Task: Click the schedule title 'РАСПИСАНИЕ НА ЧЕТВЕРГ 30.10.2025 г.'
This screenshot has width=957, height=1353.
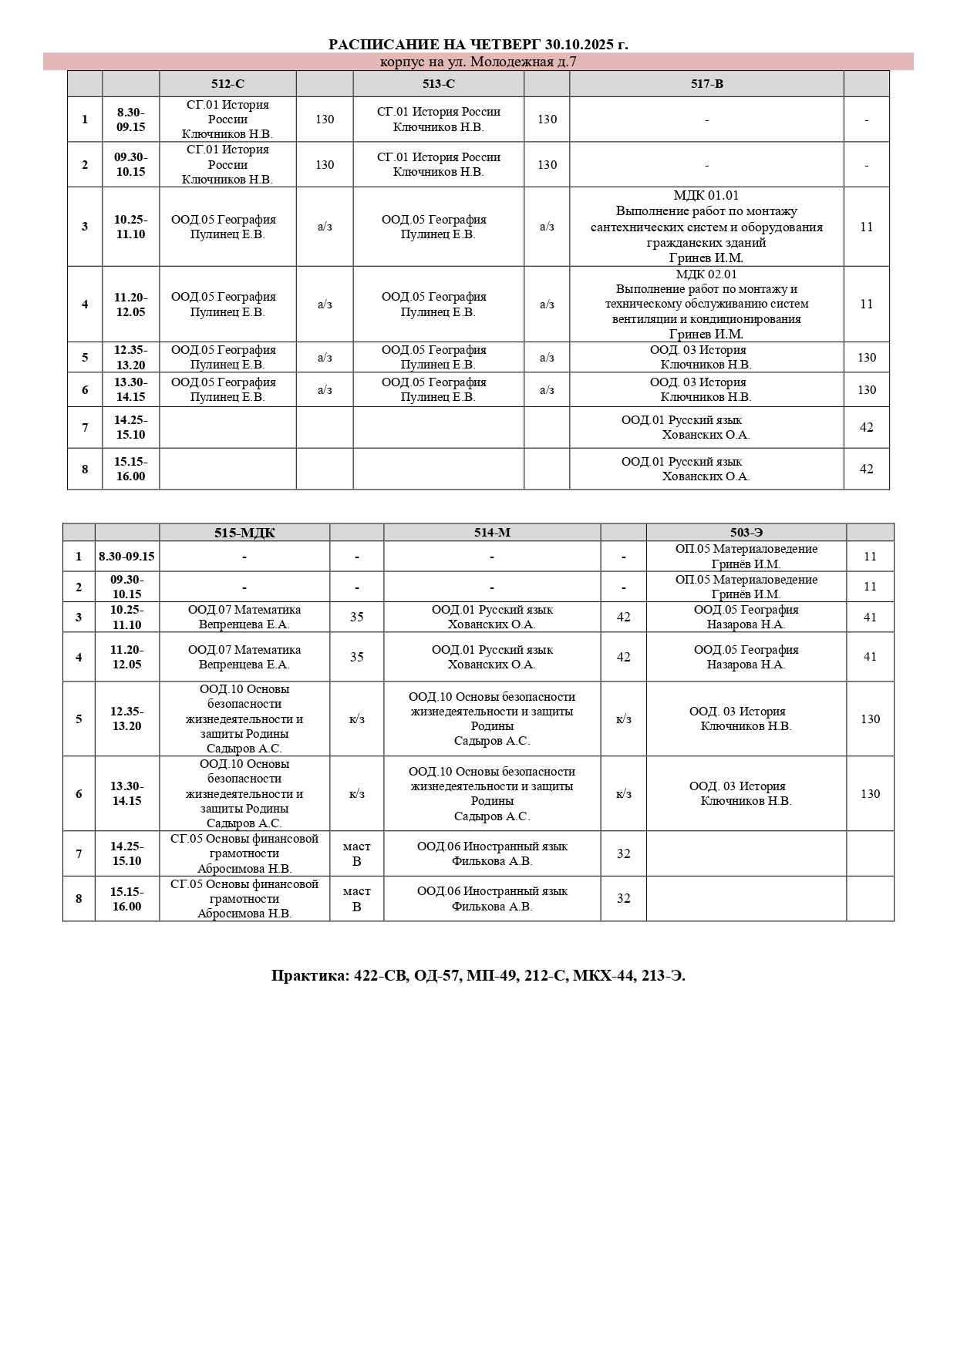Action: point(478,45)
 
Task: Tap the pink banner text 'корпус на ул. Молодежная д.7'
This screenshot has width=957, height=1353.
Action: point(478,62)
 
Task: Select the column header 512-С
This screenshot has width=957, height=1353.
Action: point(227,84)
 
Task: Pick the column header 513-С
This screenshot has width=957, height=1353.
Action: point(438,84)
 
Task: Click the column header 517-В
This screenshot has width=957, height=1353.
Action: point(706,84)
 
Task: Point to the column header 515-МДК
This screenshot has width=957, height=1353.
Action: point(244,533)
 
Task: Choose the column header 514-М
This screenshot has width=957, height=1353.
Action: point(492,533)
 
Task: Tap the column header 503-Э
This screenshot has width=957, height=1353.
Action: point(746,533)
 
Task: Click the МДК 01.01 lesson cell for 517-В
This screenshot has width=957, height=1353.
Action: point(706,227)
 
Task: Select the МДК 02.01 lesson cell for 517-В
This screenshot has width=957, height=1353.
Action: point(706,304)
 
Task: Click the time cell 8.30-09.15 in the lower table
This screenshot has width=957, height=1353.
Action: point(126,557)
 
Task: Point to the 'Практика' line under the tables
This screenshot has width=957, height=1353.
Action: point(478,976)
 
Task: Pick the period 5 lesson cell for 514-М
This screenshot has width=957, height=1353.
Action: point(492,719)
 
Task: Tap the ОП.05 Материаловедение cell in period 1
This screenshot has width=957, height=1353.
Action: point(746,557)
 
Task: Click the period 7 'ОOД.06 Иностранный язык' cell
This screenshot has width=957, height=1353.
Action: point(492,853)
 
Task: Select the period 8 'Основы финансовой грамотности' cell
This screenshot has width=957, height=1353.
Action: point(244,899)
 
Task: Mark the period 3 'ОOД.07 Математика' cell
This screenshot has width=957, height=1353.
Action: point(244,617)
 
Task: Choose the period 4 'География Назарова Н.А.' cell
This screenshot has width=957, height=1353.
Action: point(746,657)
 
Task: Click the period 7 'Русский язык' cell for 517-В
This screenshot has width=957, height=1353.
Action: point(706,427)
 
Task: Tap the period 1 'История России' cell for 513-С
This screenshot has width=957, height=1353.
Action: point(438,119)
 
